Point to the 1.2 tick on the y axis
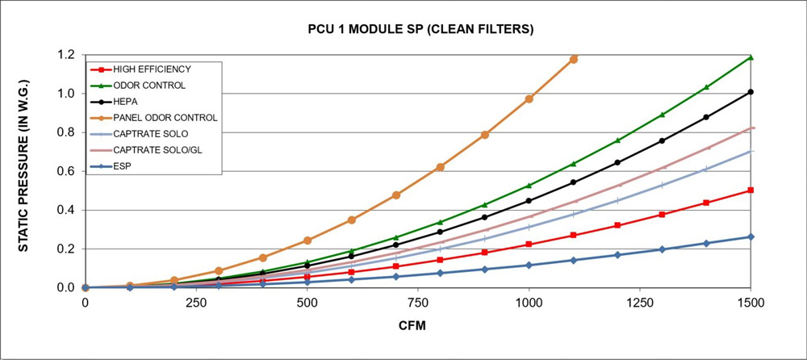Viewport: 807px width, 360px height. pos(68,55)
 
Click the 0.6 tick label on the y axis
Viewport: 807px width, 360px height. pos(68,171)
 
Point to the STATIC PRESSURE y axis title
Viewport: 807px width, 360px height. pos(24,170)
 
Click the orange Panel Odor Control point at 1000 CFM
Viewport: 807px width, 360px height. pos(529,98)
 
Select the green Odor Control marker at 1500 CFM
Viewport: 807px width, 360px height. pos(751,57)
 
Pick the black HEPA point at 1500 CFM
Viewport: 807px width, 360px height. pos(751,92)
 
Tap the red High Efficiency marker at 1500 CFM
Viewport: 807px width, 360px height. pos(751,190)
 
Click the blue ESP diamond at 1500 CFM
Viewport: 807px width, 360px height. pos(751,237)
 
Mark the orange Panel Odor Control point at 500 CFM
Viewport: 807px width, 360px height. pos(307,241)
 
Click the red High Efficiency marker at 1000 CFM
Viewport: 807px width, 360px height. pos(529,245)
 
